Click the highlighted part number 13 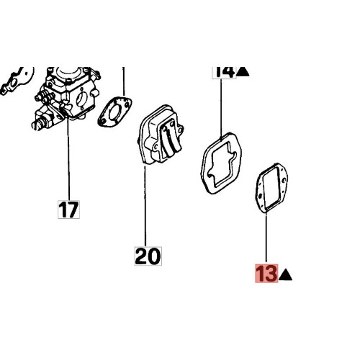point(266,273)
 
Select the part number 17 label point(68,210)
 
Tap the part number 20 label point(148,256)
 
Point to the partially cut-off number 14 point(225,72)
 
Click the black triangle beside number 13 point(286,275)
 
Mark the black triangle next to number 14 point(243,72)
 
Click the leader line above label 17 point(69,158)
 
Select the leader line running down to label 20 point(145,207)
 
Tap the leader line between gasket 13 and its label point(266,238)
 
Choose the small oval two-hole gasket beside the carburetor point(114,111)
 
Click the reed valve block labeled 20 point(161,135)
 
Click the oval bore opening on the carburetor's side point(81,100)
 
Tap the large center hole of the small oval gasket point(114,112)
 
